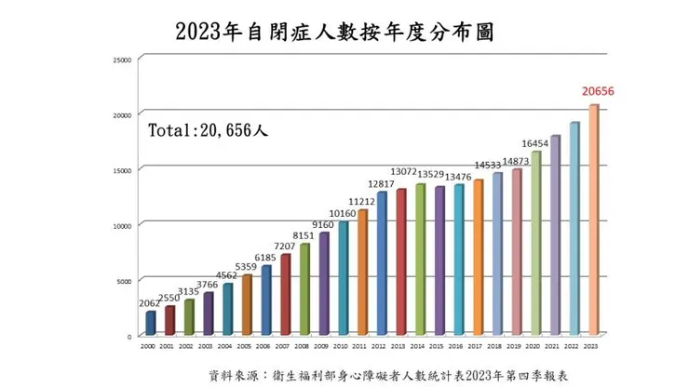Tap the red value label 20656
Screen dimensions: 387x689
[x=599, y=92]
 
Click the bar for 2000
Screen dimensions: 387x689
[x=151, y=323]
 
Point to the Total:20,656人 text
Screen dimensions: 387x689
[x=209, y=131]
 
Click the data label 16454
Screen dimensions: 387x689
[x=534, y=144]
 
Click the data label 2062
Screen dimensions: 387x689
[x=151, y=304]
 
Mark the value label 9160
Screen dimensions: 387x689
[x=324, y=224]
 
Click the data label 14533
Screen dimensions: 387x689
[x=495, y=165]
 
